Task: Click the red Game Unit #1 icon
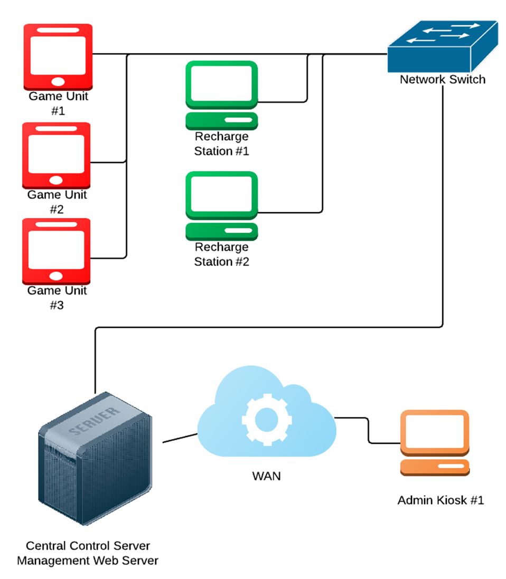(58, 56)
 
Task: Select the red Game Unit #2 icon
(57, 156)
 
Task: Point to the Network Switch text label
(442, 80)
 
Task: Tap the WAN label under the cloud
(266, 476)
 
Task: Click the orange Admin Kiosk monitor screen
(434, 433)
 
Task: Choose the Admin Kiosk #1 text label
(441, 500)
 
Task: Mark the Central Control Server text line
(88, 545)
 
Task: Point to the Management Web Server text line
(88, 560)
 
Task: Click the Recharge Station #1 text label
(221, 144)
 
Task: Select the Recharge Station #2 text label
(221, 254)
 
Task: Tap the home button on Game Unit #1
(58, 82)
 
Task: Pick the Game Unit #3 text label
(58, 298)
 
